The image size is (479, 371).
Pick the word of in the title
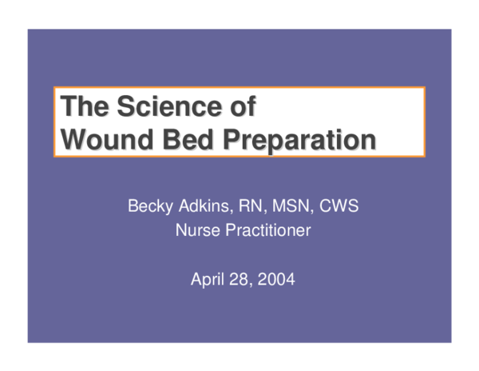[x=247, y=106]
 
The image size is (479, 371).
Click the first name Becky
[x=150, y=207]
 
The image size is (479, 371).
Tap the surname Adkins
[x=203, y=207]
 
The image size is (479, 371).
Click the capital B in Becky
[x=133, y=207]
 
